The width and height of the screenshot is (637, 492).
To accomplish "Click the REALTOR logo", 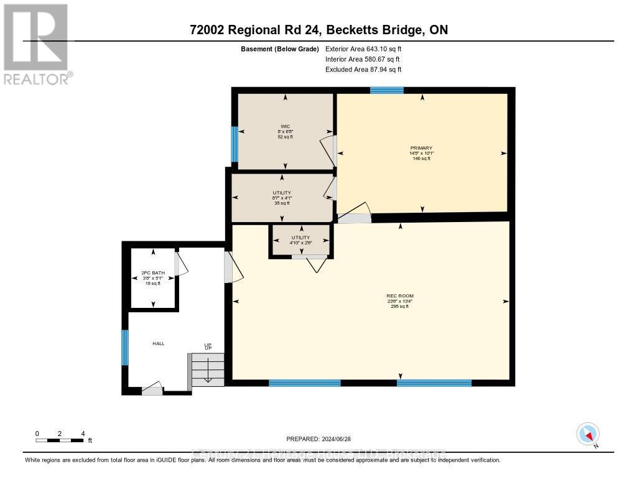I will coord(36,44).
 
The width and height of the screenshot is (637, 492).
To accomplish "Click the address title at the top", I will coord(318,30).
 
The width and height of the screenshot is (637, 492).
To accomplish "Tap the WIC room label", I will coord(286,131).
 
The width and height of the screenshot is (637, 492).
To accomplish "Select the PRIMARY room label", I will coord(422,153).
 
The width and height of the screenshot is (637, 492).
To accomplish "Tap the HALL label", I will coord(159,343).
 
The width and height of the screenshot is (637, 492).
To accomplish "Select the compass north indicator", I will coord(588,434).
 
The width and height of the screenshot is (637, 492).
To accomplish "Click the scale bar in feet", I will coord(60,440).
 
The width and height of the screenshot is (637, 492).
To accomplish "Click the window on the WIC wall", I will coord(235,143).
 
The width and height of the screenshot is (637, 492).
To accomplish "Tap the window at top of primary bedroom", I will coord(387,90).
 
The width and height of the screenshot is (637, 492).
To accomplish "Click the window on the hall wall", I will coord(125,348).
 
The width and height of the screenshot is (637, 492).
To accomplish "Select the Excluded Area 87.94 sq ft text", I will coord(363,70).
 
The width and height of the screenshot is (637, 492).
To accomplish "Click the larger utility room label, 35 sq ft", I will coord(282,198).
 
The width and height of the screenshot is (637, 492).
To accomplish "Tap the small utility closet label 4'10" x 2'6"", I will coord(301,238).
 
